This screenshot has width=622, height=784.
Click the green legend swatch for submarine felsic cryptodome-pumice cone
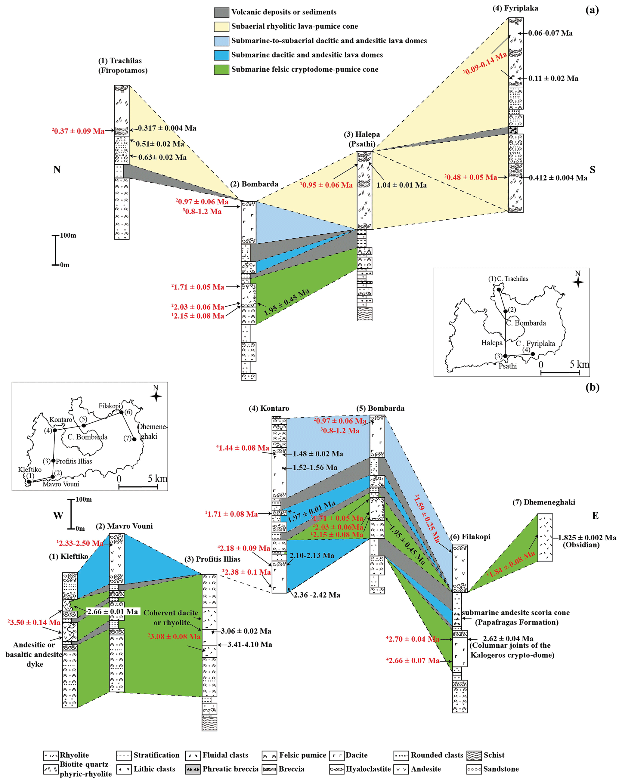pyautogui.click(x=221, y=69)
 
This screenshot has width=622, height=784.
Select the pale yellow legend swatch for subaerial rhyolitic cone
pyautogui.click(x=221, y=26)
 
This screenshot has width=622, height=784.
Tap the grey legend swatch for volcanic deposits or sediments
pyautogui.click(x=221, y=12)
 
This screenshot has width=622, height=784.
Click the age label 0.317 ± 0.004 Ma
pyautogui.click(x=167, y=128)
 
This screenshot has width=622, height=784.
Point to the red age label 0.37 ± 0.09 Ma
pyautogui.click(x=79, y=131)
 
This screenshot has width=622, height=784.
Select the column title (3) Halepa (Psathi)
pyautogui.click(x=362, y=139)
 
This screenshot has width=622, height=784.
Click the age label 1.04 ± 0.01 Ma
pyautogui.click(x=401, y=185)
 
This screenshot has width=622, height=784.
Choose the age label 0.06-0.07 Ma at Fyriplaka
pyautogui.click(x=550, y=33)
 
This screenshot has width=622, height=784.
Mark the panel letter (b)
pyautogui.click(x=592, y=387)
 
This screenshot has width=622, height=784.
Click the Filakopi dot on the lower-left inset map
pyautogui.click(x=122, y=412)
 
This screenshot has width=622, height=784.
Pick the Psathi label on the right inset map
pyautogui.click(x=507, y=366)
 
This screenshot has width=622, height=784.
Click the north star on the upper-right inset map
pyautogui.click(x=578, y=282)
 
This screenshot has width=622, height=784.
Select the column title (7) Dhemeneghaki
pyautogui.click(x=543, y=502)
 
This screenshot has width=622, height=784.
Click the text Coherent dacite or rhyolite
pyautogui.click(x=171, y=617)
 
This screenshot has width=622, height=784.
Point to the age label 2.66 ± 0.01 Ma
pyautogui.click(x=113, y=612)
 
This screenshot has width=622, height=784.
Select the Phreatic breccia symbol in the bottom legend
pyautogui.click(x=193, y=769)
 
